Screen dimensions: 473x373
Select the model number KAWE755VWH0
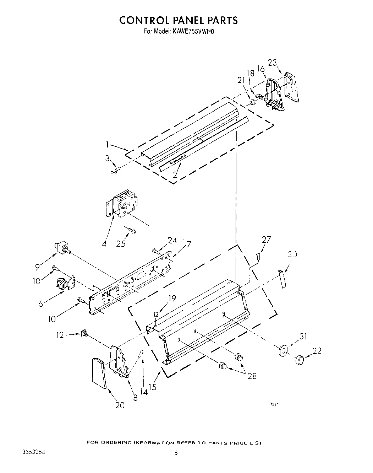click(194, 31)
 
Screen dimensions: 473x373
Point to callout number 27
click(266, 240)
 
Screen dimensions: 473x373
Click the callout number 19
click(172, 299)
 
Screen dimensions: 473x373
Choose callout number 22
click(317, 351)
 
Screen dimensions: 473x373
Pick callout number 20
click(120, 405)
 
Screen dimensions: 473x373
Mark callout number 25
click(121, 244)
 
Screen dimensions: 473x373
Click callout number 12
click(60, 334)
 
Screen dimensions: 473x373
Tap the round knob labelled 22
click(300, 360)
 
